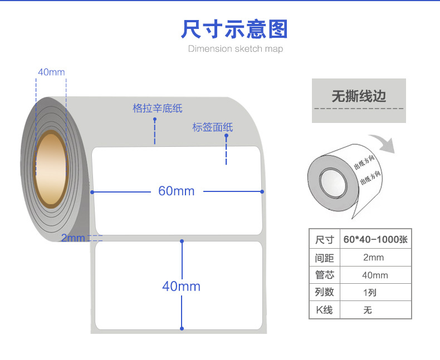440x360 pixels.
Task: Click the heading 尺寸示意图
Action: tap(234, 28)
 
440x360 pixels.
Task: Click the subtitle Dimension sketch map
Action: tap(235, 49)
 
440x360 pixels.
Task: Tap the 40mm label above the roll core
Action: tap(51, 72)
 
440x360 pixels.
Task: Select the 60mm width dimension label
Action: tap(177, 191)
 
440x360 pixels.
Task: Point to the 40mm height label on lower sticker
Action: tap(181, 286)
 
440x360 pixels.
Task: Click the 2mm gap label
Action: tap(72, 238)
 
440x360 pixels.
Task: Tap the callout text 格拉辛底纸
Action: tap(158, 108)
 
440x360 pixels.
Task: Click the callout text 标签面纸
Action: tap(212, 127)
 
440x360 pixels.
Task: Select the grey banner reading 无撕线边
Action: tap(359, 96)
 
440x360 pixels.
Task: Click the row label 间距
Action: tap(324, 258)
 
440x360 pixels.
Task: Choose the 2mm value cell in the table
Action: tap(373, 258)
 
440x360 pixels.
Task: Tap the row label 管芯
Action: tap(324, 275)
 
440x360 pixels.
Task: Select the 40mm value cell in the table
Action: tap(374, 275)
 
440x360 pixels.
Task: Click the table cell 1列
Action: tap(369, 292)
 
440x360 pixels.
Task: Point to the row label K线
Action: tap(324, 309)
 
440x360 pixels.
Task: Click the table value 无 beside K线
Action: tap(368, 310)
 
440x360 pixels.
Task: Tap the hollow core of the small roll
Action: tap(332, 184)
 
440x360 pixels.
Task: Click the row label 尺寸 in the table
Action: tap(324, 240)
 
